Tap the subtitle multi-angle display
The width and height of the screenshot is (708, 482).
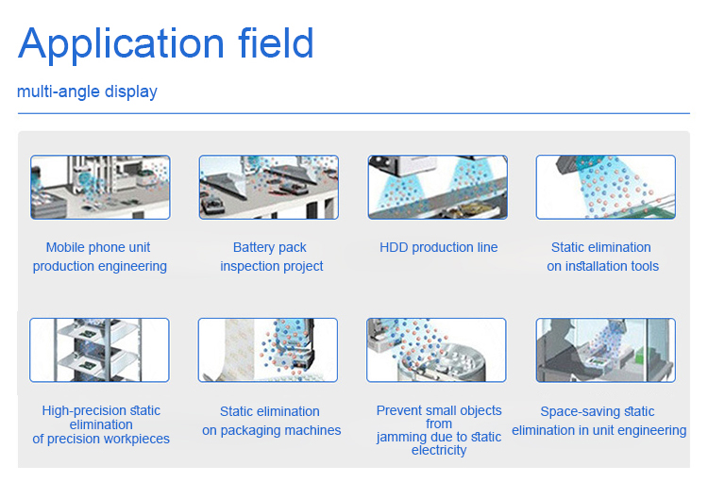(x=87, y=91)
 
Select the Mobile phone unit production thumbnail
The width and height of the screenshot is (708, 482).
(x=100, y=188)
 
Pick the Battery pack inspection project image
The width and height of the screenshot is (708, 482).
(x=269, y=188)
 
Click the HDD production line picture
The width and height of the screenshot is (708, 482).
(x=437, y=188)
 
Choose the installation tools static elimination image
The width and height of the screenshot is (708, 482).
(x=606, y=188)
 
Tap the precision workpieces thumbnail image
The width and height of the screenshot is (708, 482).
(x=100, y=350)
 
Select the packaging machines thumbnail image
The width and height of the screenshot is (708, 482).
(x=269, y=350)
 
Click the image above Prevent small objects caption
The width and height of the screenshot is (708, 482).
(x=437, y=350)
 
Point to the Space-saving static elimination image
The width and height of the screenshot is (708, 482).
(x=606, y=350)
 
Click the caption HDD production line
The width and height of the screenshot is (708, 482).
(x=438, y=247)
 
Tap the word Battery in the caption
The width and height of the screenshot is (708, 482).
(x=254, y=247)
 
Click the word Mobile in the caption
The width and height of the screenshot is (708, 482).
(x=65, y=247)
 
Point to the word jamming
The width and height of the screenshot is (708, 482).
(x=402, y=437)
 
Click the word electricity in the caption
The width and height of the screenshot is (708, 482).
(x=439, y=451)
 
